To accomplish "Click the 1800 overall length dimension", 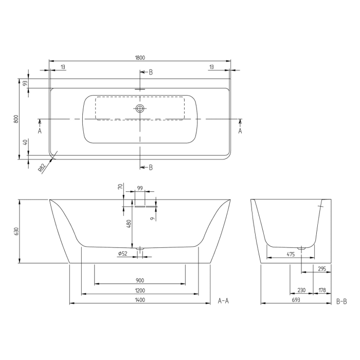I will click(140, 58).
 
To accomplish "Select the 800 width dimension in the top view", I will click(16, 119).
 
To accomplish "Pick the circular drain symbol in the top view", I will click(140, 109).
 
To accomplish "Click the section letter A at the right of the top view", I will click(240, 131).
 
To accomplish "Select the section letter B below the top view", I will click(150, 167).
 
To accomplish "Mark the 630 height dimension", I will click(16, 231).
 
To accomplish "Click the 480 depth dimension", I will click(129, 224).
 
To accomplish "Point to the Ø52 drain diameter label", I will click(122, 253).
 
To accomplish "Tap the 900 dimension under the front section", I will click(139, 280).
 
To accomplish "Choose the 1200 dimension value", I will click(139, 291).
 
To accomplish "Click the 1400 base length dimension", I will click(139, 300).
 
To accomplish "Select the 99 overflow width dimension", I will click(140, 189).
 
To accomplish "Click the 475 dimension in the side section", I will click(290, 254).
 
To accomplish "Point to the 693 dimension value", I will click(296, 300).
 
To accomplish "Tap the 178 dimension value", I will click(322, 291).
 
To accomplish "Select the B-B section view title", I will click(341, 300).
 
